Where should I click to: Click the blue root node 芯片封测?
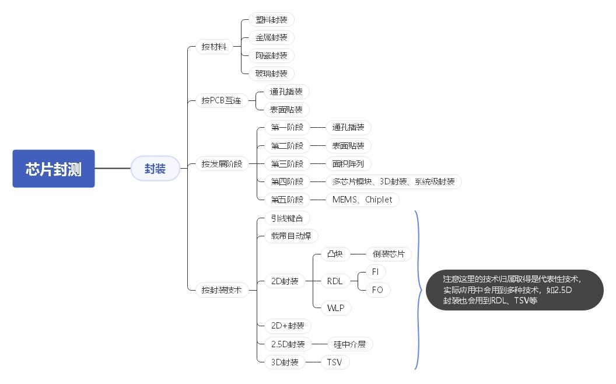54,169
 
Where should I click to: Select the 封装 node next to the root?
155,169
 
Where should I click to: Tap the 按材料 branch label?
213,47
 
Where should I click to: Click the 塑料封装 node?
271,19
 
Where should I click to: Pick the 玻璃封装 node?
271,74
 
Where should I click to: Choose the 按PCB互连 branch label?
221,100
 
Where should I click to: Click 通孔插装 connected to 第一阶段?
348,127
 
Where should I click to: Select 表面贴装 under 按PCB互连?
286,109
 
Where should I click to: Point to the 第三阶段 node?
287,163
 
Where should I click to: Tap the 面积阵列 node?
348,163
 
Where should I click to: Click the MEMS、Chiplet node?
362,200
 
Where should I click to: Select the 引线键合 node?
287,218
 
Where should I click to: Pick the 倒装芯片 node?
388,254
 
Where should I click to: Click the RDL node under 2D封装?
335,281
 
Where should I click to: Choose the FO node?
377,290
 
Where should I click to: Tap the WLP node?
335,308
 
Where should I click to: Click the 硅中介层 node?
349,344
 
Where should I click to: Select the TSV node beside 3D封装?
334,362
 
